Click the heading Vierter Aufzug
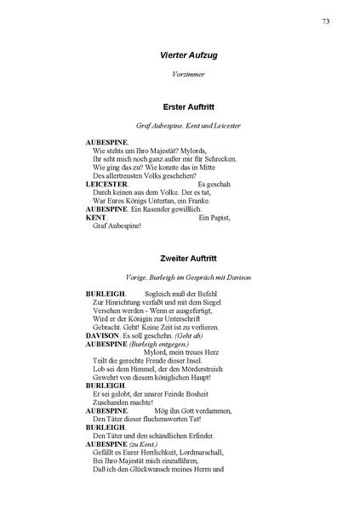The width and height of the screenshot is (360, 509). (188, 55)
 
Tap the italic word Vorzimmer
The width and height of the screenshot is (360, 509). (189, 77)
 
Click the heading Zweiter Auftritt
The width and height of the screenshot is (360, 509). (189, 256)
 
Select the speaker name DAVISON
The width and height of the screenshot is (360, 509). (103, 335)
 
